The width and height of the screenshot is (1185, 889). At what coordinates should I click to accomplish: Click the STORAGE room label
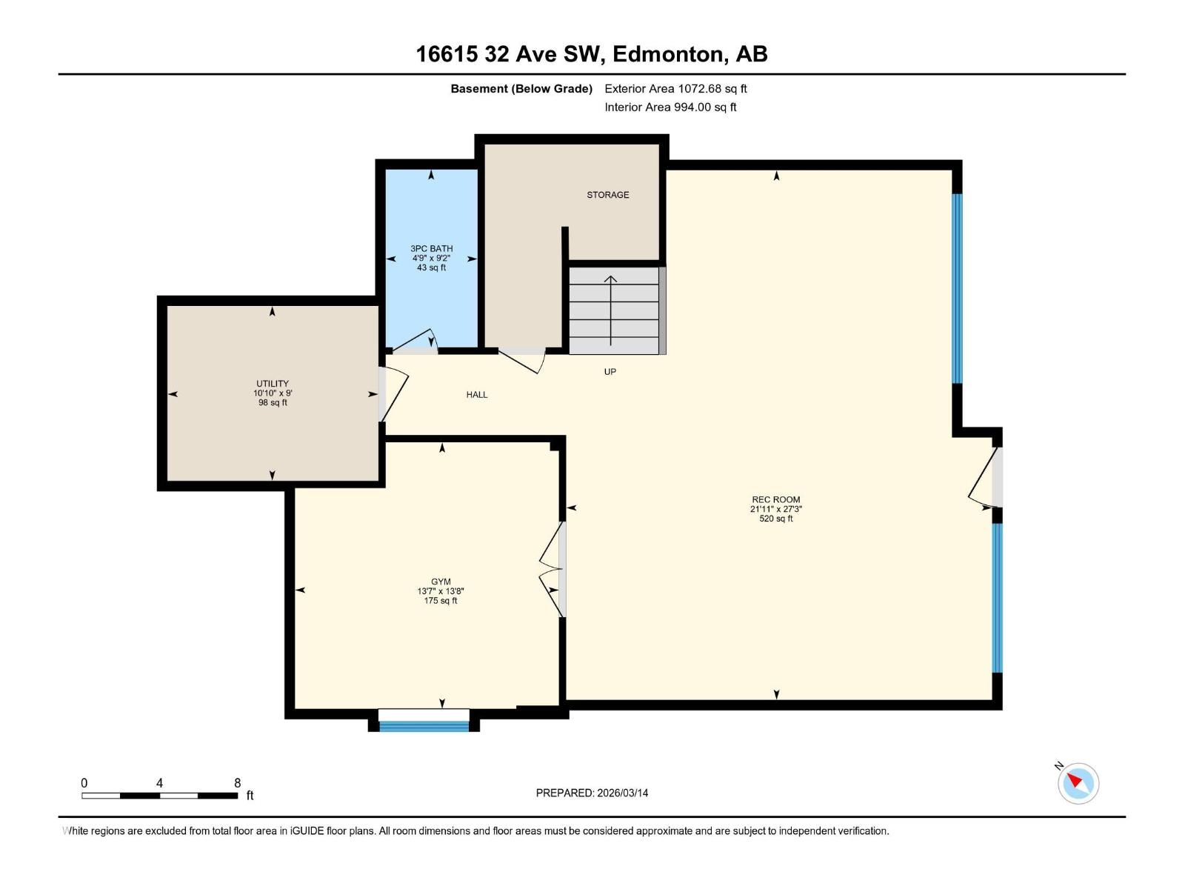pyautogui.click(x=607, y=195)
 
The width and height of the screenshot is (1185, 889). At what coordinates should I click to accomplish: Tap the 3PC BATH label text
pyautogui.click(x=432, y=249)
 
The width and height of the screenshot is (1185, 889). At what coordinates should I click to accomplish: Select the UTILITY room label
pyautogui.click(x=273, y=384)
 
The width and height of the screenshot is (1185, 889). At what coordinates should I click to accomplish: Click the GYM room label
pyautogui.click(x=441, y=582)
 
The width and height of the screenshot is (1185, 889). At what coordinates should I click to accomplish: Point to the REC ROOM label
pyautogui.click(x=775, y=499)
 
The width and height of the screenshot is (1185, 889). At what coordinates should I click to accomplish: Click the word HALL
pyautogui.click(x=477, y=395)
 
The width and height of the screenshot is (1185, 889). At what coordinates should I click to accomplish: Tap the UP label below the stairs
pyautogui.click(x=610, y=372)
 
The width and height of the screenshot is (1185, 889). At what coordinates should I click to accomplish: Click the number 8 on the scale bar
pyautogui.click(x=237, y=783)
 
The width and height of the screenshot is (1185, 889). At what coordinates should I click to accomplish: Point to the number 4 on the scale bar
pyautogui.click(x=159, y=783)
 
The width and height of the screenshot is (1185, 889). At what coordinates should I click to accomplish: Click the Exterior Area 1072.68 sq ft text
pyautogui.click(x=675, y=89)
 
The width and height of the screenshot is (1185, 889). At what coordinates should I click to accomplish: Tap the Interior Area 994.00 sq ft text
pyautogui.click(x=670, y=107)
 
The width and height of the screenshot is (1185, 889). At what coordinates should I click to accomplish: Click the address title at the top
pyautogui.click(x=592, y=54)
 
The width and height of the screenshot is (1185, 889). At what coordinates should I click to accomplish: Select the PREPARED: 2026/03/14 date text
pyautogui.click(x=592, y=793)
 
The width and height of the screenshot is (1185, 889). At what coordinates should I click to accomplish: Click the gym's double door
pyautogui.click(x=553, y=570)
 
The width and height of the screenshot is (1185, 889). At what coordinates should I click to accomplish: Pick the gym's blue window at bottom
pyautogui.click(x=424, y=726)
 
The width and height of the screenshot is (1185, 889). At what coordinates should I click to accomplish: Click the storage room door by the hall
pyautogui.click(x=523, y=359)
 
